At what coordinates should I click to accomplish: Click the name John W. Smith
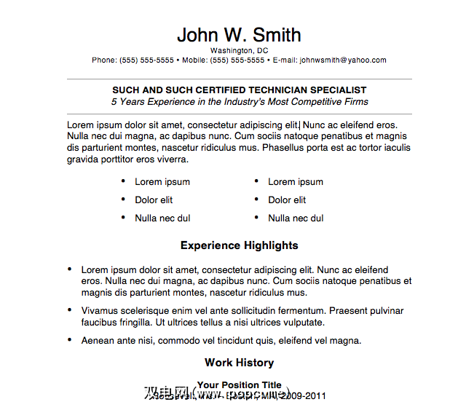click(239, 35)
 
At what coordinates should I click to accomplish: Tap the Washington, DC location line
click(239, 50)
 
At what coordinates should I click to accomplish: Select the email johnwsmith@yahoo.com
click(343, 60)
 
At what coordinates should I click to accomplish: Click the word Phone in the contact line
click(104, 60)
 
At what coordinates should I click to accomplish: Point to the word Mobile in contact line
click(195, 60)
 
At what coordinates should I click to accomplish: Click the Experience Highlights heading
click(239, 245)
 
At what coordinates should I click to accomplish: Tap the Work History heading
click(239, 363)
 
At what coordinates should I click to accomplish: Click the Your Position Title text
click(239, 385)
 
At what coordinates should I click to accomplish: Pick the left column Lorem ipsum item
click(162, 182)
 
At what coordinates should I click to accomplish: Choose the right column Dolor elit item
click(287, 200)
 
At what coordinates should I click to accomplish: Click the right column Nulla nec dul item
click(296, 218)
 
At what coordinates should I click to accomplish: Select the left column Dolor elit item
click(154, 200)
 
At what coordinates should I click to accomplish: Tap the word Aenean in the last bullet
click(98, 340)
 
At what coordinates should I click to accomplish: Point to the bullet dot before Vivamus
click(69, 310)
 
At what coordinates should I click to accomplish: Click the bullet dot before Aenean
click(69, 339)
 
